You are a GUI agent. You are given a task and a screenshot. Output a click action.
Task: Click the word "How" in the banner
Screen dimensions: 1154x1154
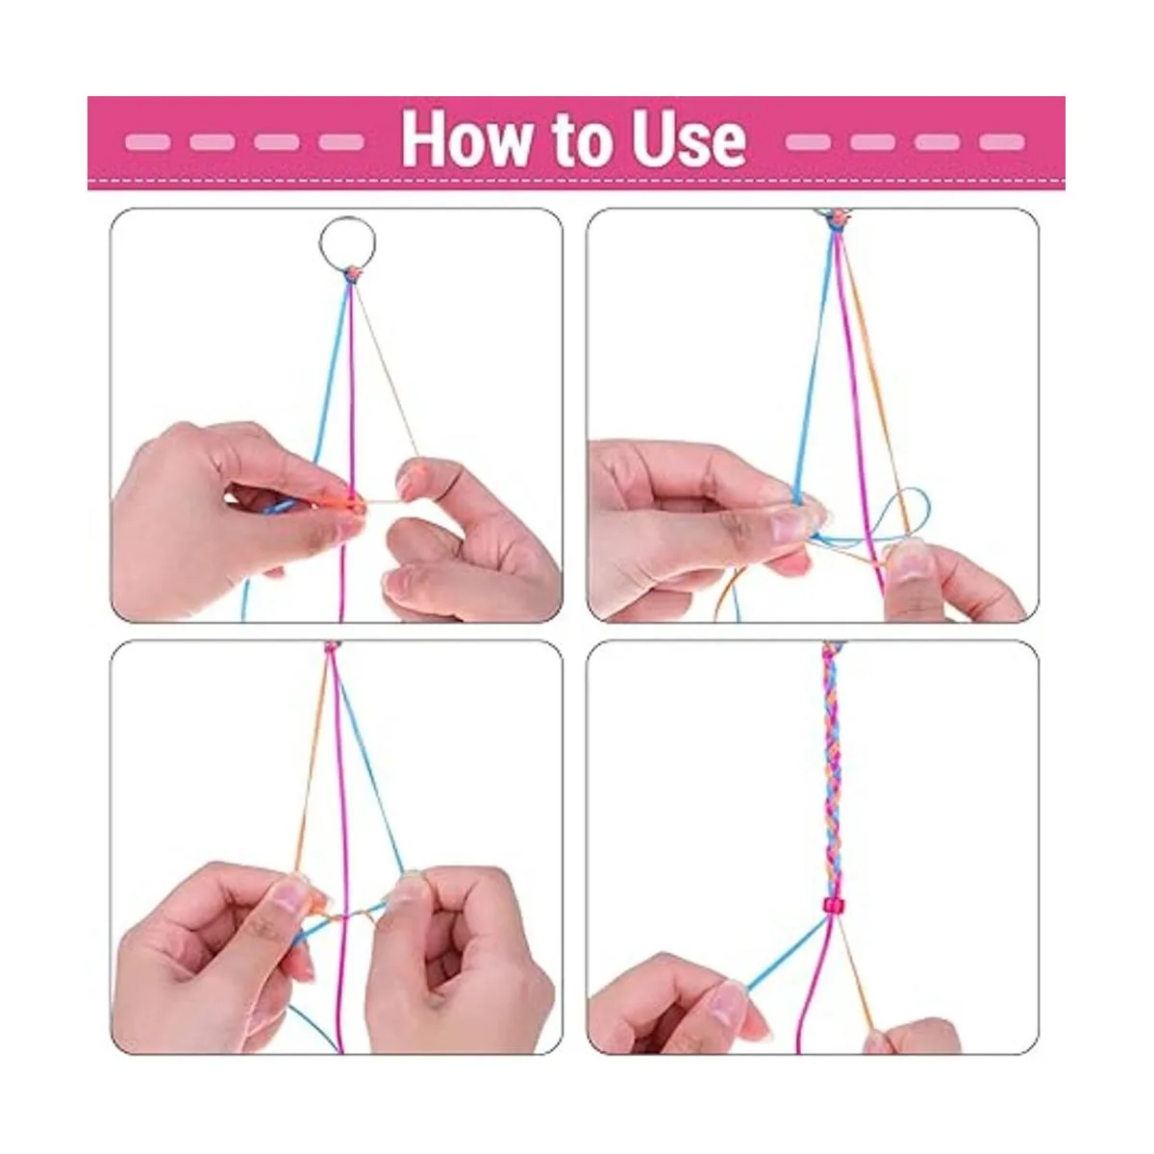pos(465,138)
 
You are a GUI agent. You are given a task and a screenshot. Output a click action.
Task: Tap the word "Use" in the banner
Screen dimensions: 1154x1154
pos(684,138)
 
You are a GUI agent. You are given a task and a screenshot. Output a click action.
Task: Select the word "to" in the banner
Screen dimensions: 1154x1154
pos(576,140)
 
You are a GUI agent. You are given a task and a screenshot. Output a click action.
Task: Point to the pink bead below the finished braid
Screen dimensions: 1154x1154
pos(832,906)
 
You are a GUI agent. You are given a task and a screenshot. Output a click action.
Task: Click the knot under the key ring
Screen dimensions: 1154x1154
pos(352,275)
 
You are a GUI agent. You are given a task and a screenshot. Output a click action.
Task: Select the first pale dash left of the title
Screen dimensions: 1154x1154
pos(147,142)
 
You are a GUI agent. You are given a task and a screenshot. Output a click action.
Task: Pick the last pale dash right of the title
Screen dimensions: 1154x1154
pos(1002,142)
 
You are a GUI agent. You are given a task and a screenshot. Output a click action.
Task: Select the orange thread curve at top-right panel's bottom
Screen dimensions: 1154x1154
pos(728,593)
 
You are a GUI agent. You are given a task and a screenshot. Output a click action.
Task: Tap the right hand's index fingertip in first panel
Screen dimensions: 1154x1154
pos(412,477)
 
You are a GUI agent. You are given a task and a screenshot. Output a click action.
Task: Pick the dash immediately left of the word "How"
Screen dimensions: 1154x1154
pos(341,142)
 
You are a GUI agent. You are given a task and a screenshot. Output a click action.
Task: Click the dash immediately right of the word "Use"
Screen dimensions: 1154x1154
pos(808,142)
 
